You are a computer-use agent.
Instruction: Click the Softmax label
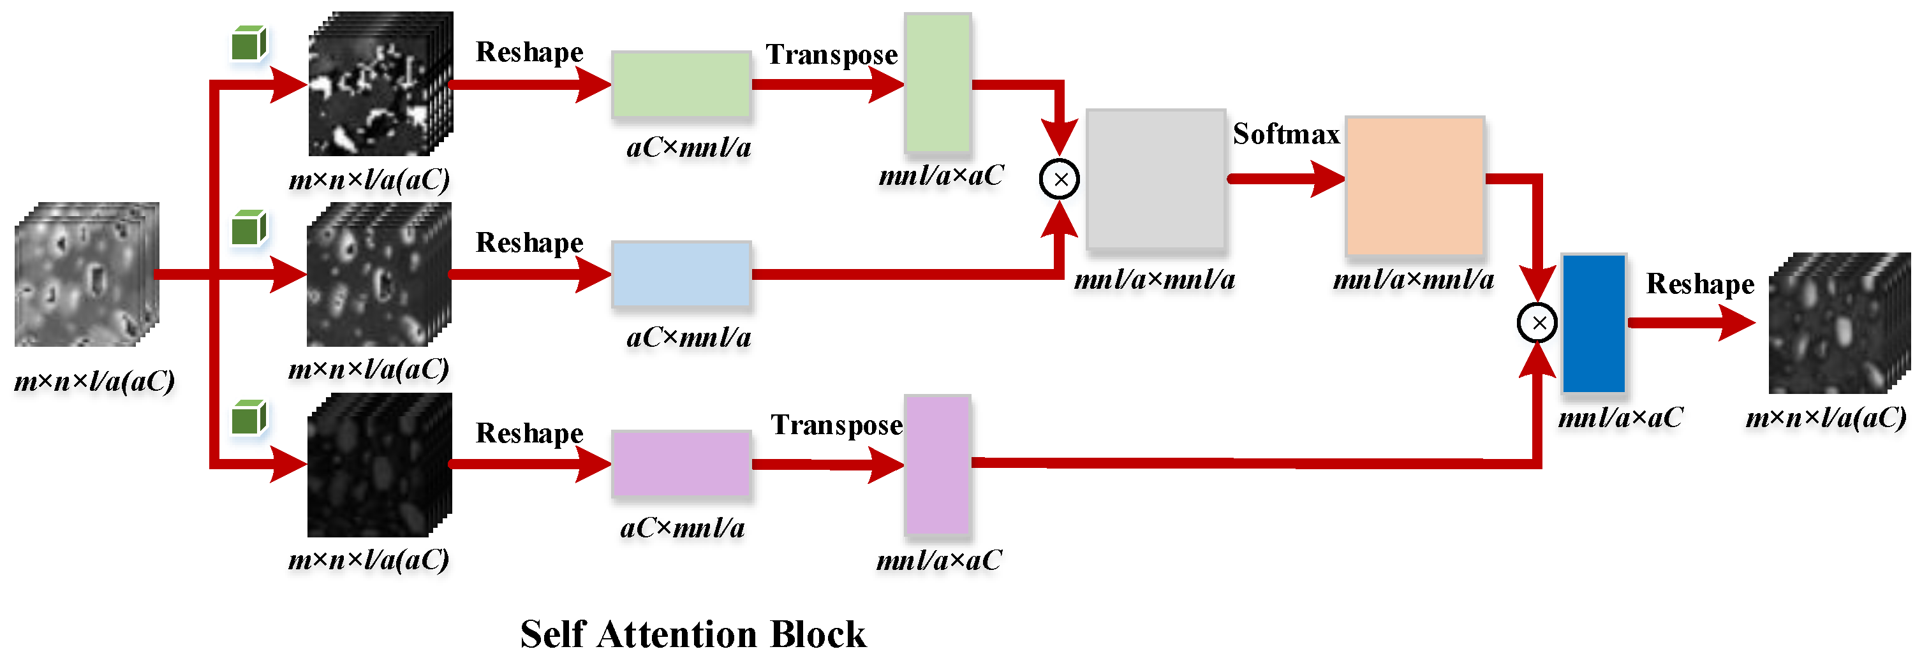click(1285, 135)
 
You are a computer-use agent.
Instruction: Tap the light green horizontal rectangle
click(681, 84)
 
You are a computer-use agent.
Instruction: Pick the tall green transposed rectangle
click(937, 84)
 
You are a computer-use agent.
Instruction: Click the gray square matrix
click(1155, 179)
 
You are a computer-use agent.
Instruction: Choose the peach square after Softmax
click(1415, 186)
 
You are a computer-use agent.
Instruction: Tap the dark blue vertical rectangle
click(1593, 324)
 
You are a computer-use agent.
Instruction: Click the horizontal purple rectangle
click(681, 464)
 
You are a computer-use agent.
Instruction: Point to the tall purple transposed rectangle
click(937, 465)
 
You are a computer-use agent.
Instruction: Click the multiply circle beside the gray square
click(1059, 179)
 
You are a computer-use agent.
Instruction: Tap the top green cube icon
click(248, 44)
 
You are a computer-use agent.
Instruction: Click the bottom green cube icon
click(248, 418)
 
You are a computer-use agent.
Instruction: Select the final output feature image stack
click(1838, 323)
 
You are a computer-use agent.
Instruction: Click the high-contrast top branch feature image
click(380, 84)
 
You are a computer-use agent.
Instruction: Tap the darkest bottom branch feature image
click(379, 465)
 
